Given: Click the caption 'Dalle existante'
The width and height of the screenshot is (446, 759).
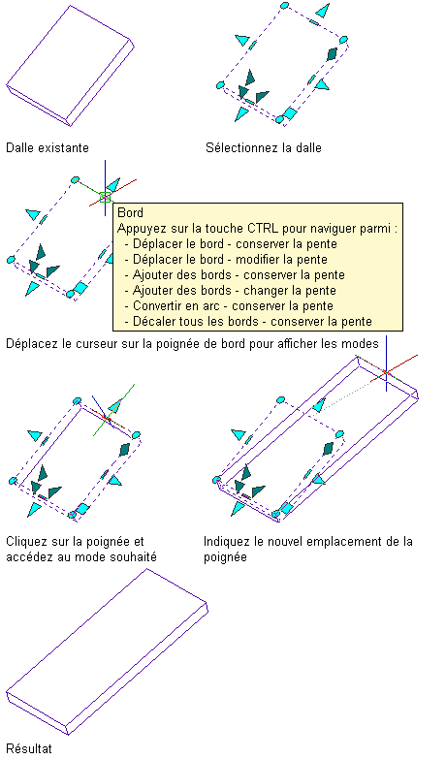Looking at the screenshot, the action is point(48,147).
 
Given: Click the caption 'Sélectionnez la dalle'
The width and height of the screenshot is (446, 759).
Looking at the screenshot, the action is point(264,147).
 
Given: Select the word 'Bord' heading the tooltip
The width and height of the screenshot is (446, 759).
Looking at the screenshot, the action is point(130,212).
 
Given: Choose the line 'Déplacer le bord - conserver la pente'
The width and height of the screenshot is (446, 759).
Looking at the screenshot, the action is point(235,243).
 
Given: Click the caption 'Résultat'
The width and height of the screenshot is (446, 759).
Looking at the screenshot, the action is point(28,748).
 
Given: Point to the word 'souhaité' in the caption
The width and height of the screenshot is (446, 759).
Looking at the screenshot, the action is point(134,556).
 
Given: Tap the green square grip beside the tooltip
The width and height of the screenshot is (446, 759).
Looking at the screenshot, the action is point(105,197).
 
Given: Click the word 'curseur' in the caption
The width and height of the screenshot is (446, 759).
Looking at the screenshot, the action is point(97,344).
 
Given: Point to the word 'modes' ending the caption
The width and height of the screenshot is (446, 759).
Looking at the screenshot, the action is point(362,344).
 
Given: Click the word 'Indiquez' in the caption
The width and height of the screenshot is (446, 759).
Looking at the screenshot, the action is point(225,541).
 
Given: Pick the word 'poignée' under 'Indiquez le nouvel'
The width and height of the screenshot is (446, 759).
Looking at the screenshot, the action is point(225,556).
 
